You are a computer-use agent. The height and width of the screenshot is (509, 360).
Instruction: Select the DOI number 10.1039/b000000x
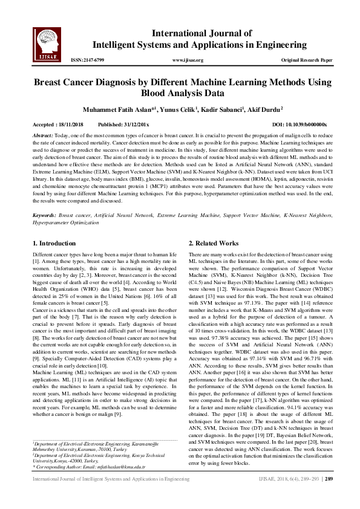tap(307, 124)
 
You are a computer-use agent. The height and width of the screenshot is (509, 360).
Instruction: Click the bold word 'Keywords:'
tap(45, 215)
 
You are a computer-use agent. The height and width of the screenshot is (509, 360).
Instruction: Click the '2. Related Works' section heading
tap(214, 243)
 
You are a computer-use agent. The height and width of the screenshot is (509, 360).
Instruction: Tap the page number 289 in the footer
tap(329, 496)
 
